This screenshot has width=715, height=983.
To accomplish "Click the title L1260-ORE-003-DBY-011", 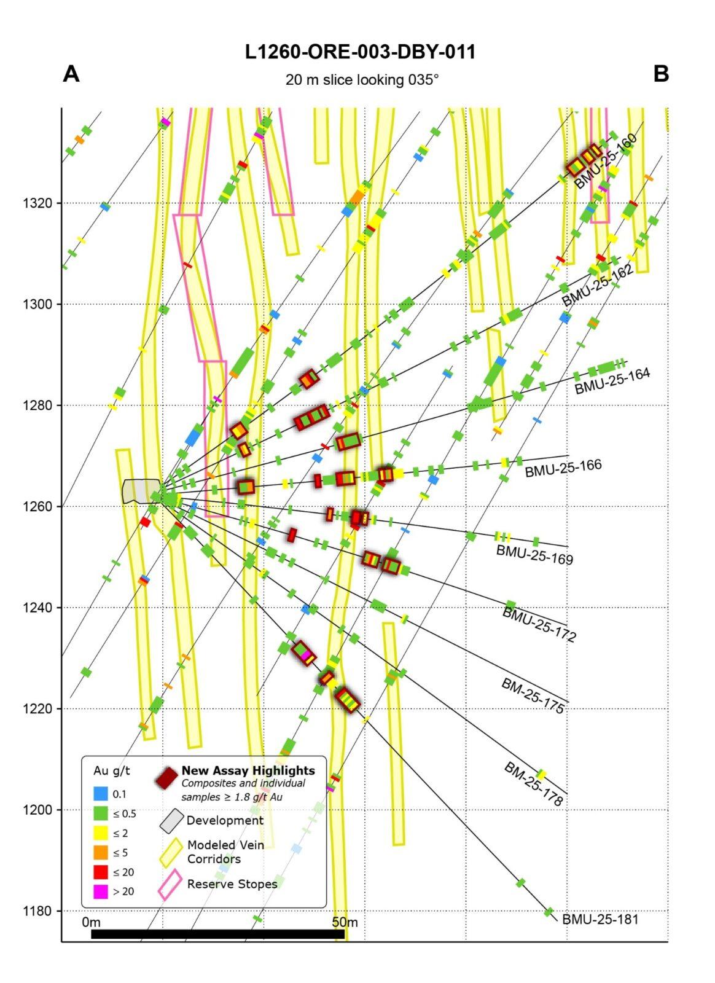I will click(x=360, y=52).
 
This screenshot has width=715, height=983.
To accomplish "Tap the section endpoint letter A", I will click(x=71, y=74).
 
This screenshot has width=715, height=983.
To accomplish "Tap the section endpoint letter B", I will click(x=661, y=74).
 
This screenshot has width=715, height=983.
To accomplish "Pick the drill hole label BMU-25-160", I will click(x=606, y=161).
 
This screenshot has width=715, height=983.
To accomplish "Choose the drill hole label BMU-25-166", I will click(x=563, y=468).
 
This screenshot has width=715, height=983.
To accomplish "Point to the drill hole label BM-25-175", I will click(x=533, y=695).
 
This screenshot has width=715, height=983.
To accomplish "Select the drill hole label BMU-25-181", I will click(x=600, y=920).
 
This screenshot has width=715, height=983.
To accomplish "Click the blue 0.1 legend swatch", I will click(x=101, y=794).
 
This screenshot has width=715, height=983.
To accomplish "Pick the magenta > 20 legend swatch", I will click(x=101, y=891).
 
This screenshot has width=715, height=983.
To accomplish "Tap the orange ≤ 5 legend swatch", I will click(x=101, y=852).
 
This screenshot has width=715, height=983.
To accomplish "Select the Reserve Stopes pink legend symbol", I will click(x=170, y=883).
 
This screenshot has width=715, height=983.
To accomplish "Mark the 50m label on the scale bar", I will click(x=345, y=922).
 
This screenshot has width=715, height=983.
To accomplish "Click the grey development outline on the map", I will click(x=140, y=491).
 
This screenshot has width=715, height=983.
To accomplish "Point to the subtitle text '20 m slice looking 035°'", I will click(x=362, y=80).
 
